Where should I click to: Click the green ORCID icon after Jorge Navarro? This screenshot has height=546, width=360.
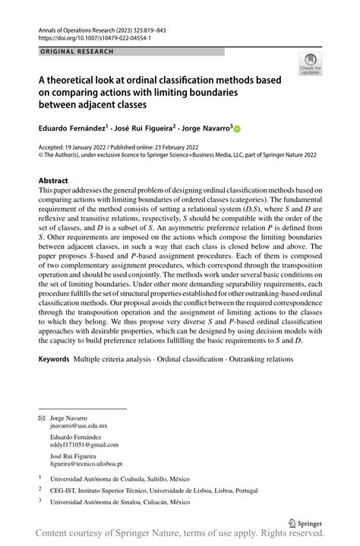pyautogui.click(x=236, y=129)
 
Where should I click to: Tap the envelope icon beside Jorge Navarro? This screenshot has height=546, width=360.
pyautogui.click(x=42, y=418)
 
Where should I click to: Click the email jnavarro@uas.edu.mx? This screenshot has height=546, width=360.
pyautogui.click(x=79, y=428)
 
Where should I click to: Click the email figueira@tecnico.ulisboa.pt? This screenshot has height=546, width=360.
pyautogui.click(x=86, y=463)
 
